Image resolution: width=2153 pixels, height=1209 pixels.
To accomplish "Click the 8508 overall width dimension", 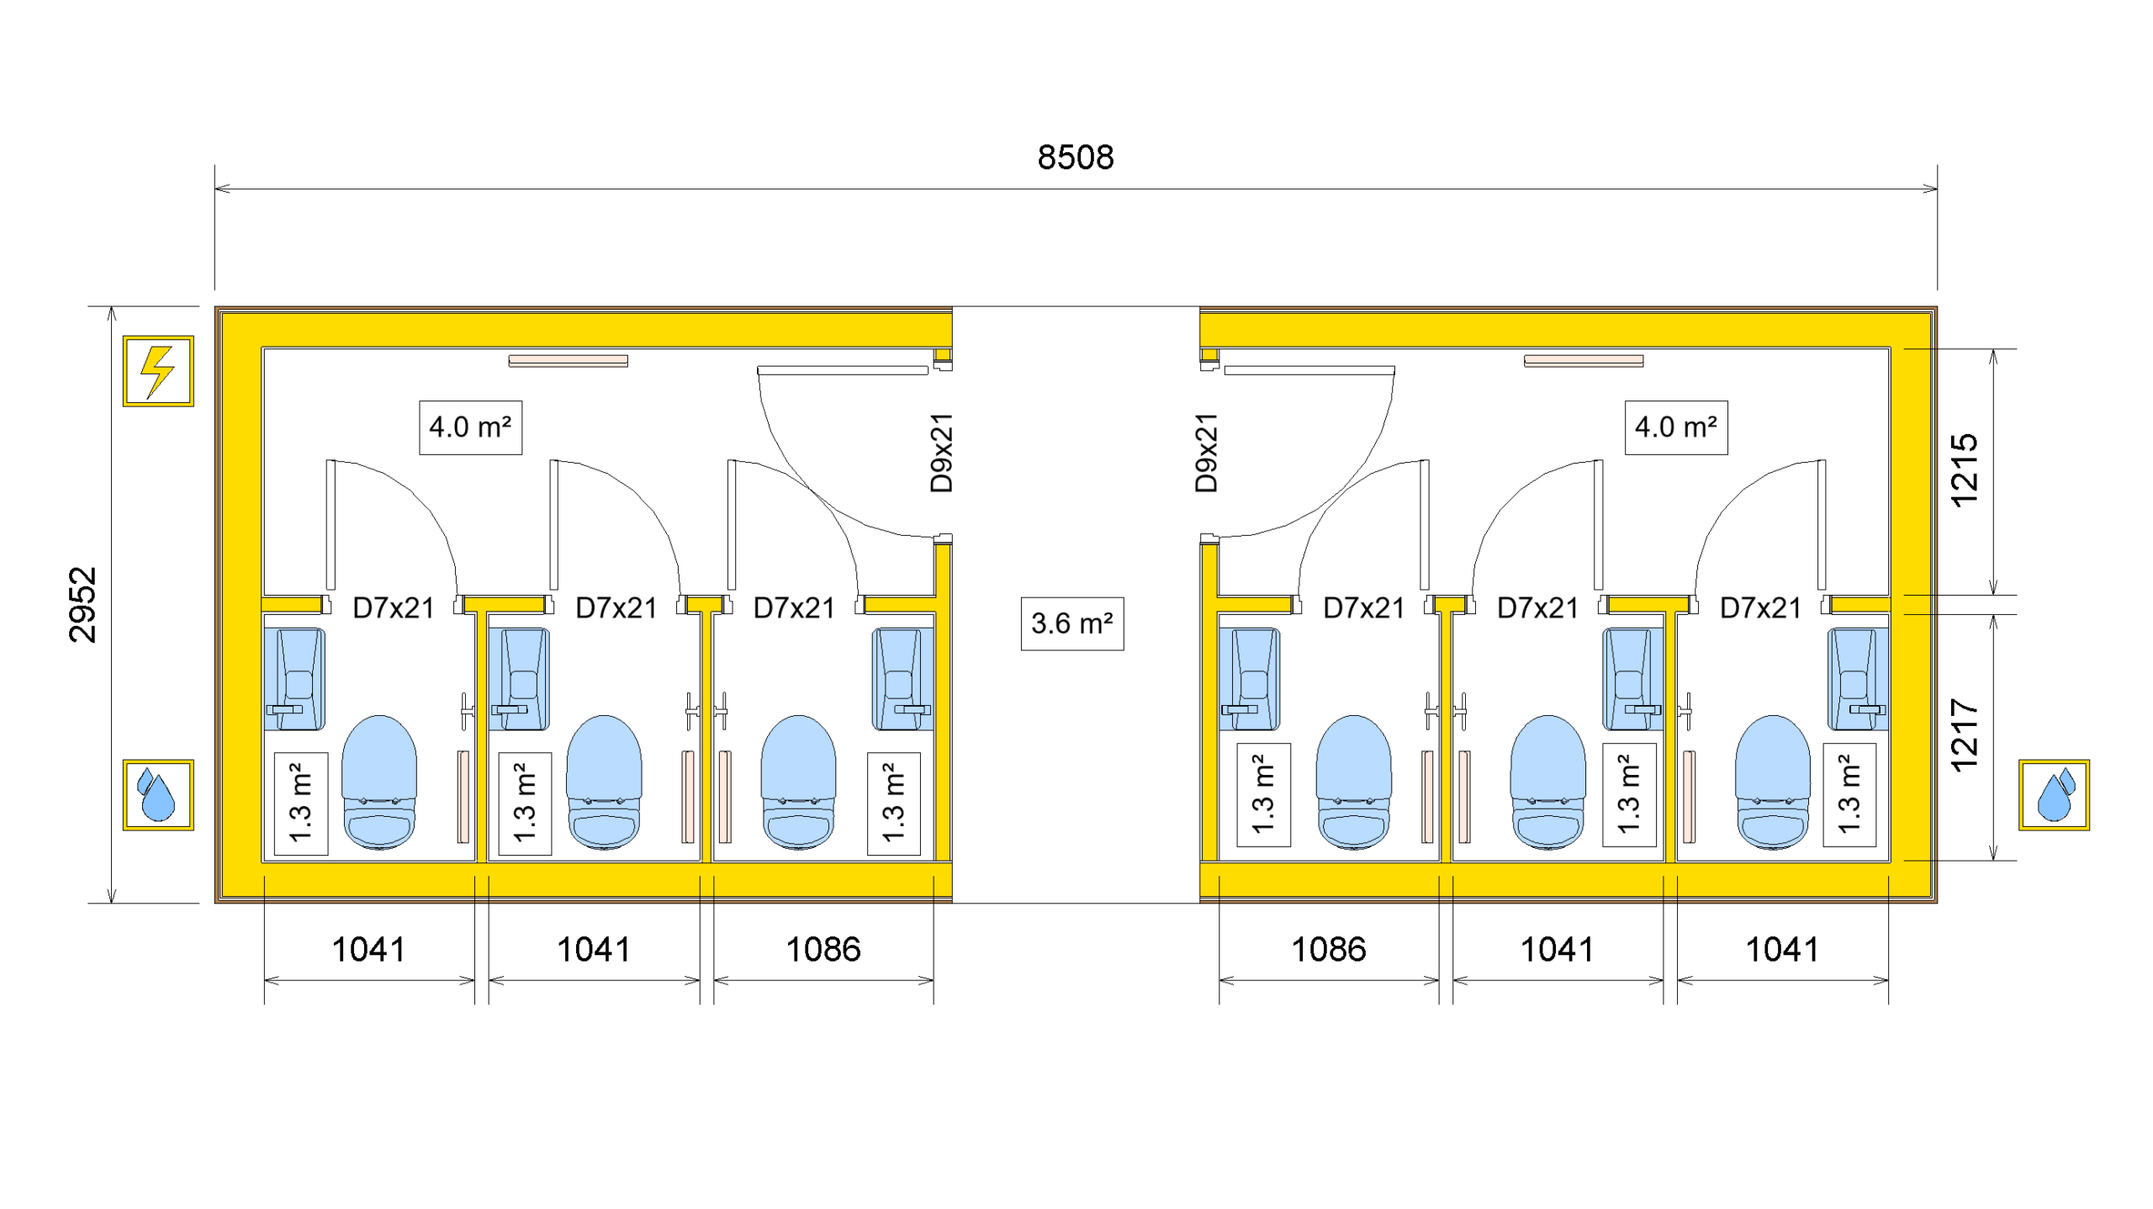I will click(1075, 157).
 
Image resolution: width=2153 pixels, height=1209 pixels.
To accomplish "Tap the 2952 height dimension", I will click(83, 604).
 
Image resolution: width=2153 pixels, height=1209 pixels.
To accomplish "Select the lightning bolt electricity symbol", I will click(158, 371).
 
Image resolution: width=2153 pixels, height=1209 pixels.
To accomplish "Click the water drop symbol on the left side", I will click(158, 794).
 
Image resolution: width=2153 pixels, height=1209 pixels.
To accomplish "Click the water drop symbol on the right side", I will click(2053, 794).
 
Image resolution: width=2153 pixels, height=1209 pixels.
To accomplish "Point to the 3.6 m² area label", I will click(1071, 623).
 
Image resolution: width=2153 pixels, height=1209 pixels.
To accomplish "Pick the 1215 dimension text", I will click(1963, 470).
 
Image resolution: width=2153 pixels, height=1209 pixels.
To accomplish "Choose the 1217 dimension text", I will click(1963, 734).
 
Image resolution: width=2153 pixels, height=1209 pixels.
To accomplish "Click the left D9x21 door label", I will click(941, 453).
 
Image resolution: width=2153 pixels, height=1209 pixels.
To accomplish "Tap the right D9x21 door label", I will click(1206, 453).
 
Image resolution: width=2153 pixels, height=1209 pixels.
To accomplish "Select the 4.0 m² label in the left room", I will click(470, 427).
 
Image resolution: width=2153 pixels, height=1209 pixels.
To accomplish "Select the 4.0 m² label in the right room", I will click(1675, 427).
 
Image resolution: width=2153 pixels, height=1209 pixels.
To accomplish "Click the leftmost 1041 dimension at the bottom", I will click(368, 950).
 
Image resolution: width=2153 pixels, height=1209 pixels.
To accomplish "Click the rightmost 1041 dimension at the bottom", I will click(1782, 950).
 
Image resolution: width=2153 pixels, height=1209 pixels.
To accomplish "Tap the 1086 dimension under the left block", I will click(823, 950).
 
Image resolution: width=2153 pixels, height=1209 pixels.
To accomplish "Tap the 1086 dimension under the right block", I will click(1328, 950).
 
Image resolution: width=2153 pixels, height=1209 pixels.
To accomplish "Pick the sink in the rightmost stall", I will click(1857, 678).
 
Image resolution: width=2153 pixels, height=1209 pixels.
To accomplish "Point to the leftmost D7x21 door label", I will click(393, 607).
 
